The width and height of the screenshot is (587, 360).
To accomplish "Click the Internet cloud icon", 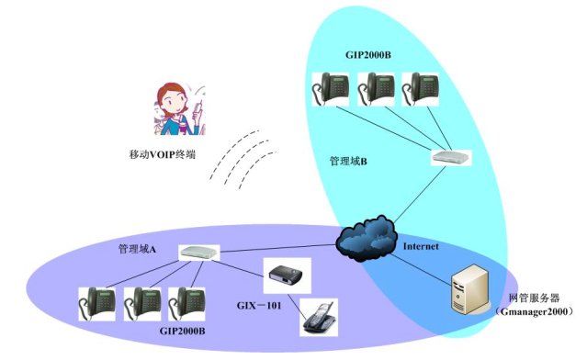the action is point(367,238).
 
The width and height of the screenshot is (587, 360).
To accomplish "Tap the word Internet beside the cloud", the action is point(421,246).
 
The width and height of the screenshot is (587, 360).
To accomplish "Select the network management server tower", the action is point(470,289).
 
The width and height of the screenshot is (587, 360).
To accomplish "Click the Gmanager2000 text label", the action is point(534,311).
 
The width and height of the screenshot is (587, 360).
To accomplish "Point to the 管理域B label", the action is point(348,162).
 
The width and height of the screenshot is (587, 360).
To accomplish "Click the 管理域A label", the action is point(137,249).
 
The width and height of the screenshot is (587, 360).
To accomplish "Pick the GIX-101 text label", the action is point(259,306).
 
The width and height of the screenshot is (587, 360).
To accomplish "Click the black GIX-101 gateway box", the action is point(287,276).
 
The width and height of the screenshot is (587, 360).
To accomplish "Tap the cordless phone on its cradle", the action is point(320,317).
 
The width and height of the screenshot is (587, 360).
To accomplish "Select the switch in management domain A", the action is point(199,253).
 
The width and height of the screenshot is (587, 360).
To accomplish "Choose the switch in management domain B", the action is point(451,158).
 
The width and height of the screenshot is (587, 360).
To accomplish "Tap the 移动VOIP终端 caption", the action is point(163,154).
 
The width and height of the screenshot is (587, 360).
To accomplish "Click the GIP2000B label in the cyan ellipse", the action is point(368,55).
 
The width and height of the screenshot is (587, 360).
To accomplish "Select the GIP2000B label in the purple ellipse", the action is point(182,332).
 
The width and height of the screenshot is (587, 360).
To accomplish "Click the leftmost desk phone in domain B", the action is point(331,89).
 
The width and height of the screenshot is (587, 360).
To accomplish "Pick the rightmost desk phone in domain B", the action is point(420,89).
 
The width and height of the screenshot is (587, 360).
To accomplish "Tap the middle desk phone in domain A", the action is point(142,304).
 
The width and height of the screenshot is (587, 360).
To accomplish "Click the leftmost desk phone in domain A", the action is point(97,304).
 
